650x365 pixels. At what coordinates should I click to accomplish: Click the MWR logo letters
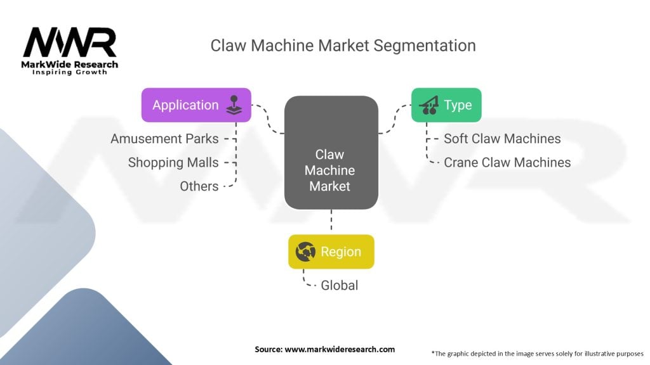click(x=70, y=42)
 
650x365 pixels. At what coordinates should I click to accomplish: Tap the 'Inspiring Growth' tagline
click(x=70, y=72)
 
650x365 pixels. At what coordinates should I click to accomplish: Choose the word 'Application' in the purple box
click(x=185, y=105)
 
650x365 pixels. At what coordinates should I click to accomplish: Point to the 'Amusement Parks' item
click(x=164, y=138)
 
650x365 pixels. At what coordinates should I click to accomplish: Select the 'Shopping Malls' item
click(x=173, y=162)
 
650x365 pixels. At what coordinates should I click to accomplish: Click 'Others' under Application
click(x=199, y=186)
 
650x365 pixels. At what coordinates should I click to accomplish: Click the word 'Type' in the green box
click(x=458, y=105)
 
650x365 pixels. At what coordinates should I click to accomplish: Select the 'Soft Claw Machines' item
click(x=502, y=138)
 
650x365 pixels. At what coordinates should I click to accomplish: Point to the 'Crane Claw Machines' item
click(x=507, y=162)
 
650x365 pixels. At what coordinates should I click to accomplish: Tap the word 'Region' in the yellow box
click(x=341, y=252)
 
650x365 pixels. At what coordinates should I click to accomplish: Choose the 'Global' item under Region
click(x=339, y=285)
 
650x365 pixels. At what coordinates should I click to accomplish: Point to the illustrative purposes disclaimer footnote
click(x=537, y=353)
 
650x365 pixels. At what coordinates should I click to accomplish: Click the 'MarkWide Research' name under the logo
click(x=70, y=64)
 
